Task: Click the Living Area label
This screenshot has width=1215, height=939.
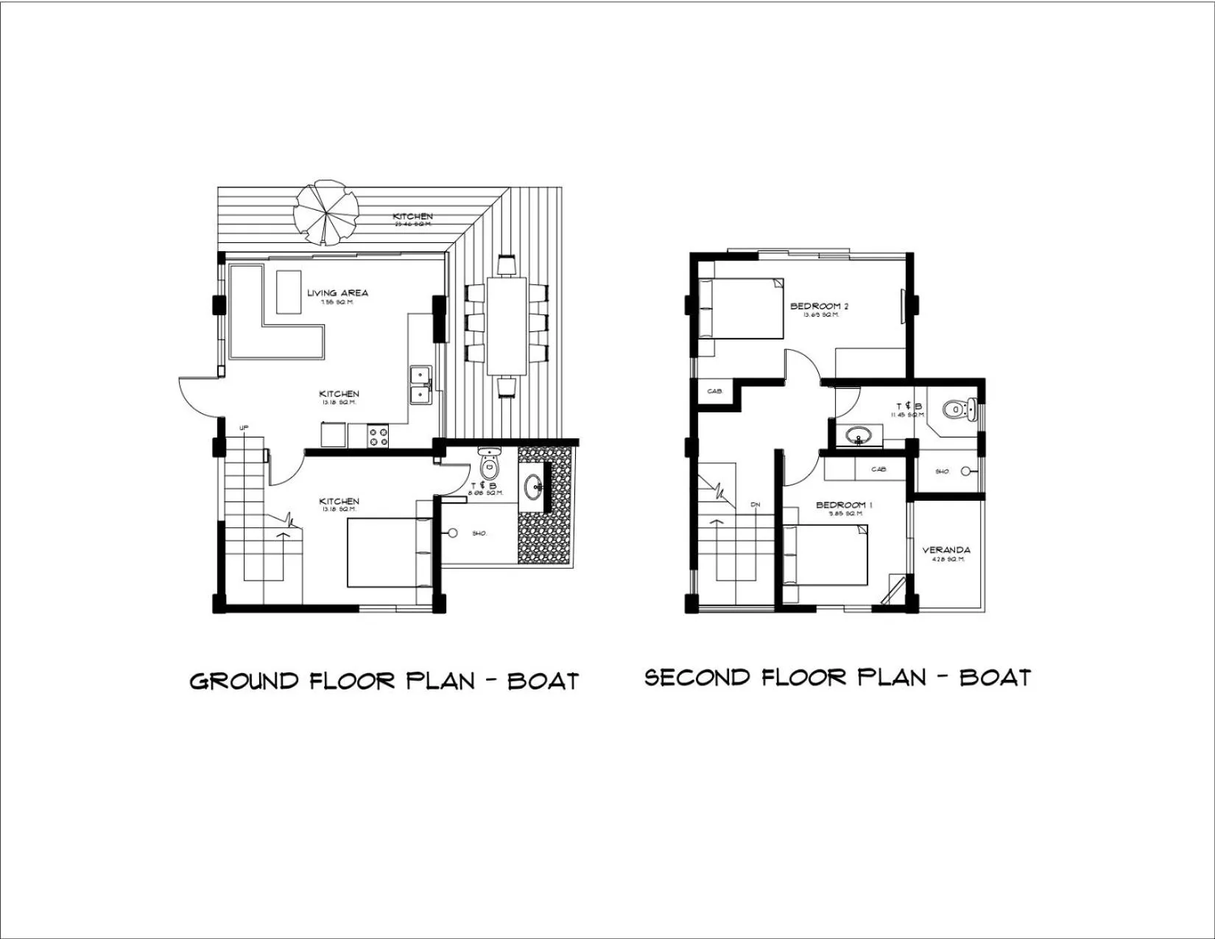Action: point(337,293)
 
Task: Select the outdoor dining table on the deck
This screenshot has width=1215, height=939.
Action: point(507,326)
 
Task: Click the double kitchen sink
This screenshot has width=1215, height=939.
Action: point(420,385)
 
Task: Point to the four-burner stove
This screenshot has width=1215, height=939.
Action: point(378,436)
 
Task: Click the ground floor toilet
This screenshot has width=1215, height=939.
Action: point(489,464)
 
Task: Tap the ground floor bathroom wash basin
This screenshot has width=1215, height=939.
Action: point(535,486)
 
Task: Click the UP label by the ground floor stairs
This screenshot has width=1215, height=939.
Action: point(243,428)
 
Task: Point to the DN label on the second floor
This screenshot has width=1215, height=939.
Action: point(755,504)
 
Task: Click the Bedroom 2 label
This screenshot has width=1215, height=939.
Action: point(819,306)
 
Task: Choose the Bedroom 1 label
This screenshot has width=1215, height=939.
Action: point(844,505)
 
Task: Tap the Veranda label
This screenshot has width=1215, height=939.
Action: point(946,550)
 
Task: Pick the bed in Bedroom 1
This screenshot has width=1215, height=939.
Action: point(825,555)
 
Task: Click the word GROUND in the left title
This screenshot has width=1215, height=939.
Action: point(244,680)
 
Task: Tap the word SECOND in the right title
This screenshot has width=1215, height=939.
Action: point(697,678)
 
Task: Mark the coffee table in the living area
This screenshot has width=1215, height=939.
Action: point(289,292)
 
